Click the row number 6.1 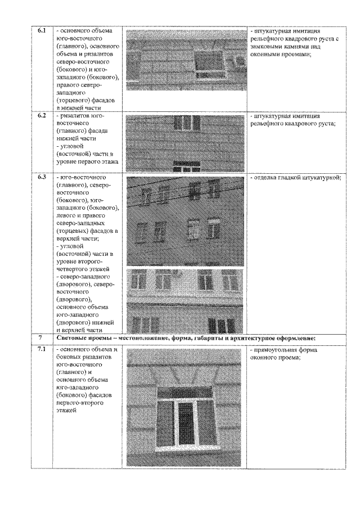41,29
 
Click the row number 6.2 41,115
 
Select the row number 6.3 41,177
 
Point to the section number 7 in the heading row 41,337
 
